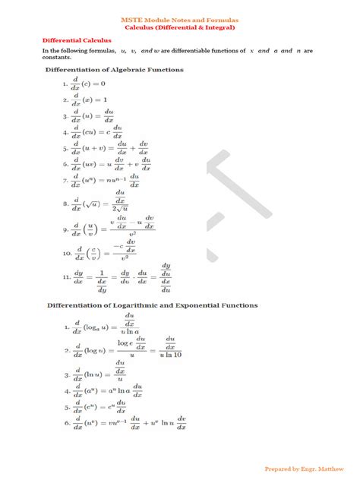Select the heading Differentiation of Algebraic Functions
(x=113, y=70)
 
